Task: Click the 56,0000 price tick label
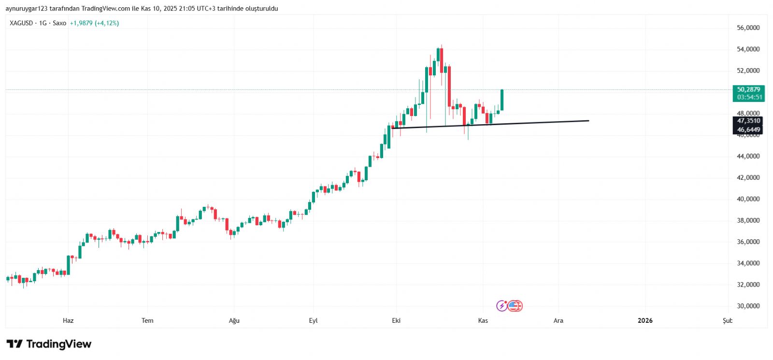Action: pos(748,28)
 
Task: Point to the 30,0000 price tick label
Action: pos(748,306)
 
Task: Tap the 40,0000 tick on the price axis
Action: pos(748,199)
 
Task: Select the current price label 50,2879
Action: pos(748,89)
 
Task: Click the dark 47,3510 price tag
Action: pos(748,121)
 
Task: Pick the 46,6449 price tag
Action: pos(748,130)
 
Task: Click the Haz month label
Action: pos(68,320)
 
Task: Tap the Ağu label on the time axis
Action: pos(234,320)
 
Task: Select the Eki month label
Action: pos(396,320)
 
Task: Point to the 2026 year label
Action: pos(645,320)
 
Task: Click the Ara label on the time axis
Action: pos(558,320)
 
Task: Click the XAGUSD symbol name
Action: pos(21,23)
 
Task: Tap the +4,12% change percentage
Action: pos(107,23)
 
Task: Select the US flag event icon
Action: pos(515,306)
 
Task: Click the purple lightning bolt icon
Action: pos(502,306)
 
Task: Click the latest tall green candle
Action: pos(502,100)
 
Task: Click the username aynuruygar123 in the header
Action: pos(27,9)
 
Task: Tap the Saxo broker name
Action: pos(59,23)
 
